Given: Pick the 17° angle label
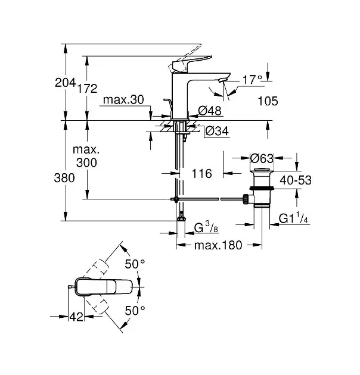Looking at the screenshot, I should point(252,79).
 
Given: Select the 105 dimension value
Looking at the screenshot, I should point(268,102).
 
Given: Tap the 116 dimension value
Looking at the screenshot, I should point(202,174).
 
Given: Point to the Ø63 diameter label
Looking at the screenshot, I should point(262,158).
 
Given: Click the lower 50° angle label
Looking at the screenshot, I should point(135,310).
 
